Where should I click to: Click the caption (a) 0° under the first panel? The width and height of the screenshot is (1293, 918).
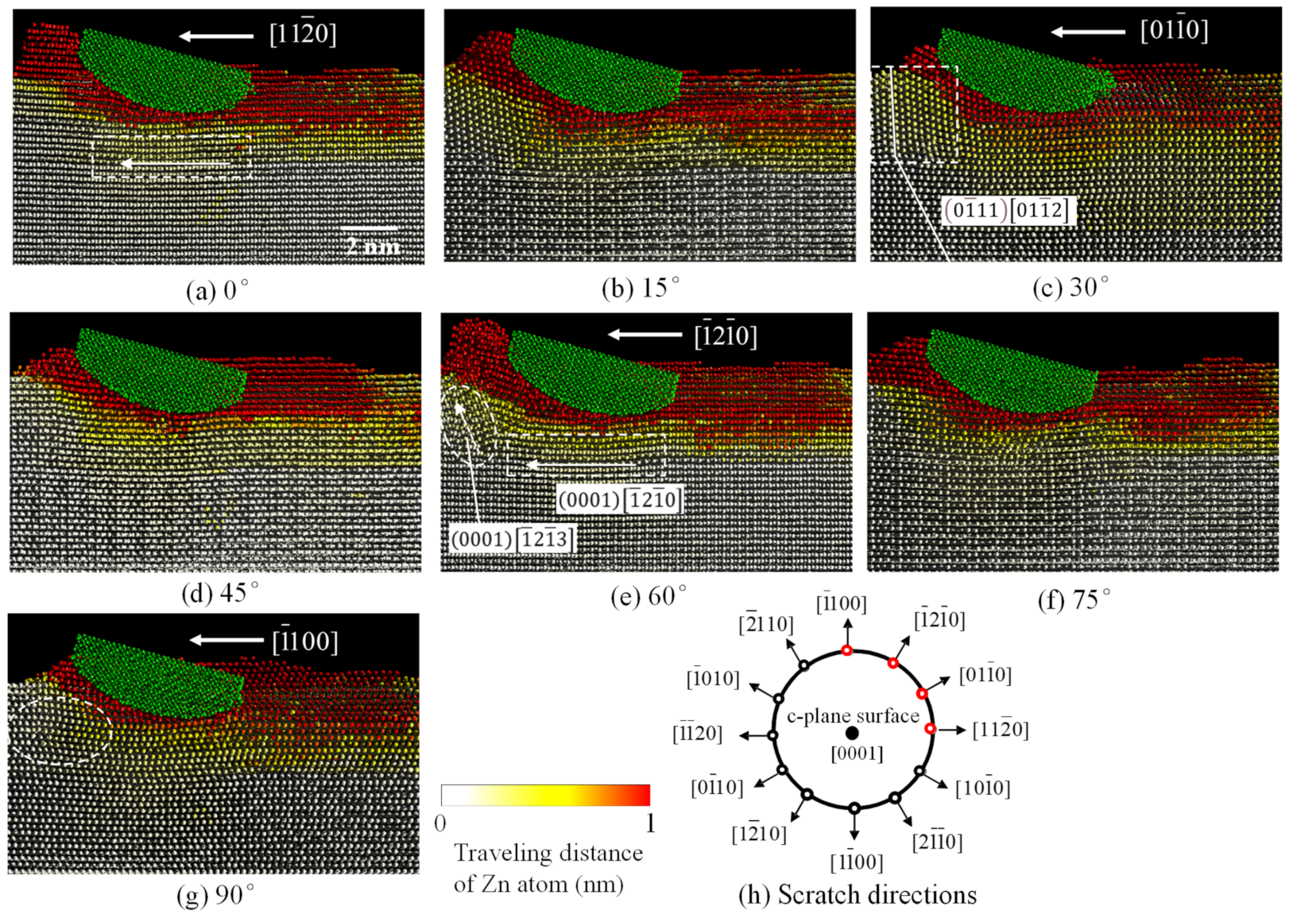click(x=216, y=291)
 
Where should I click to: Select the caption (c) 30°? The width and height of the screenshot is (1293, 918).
click(x=1070, y=288)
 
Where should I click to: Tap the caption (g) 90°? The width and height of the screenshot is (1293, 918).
click(x=215, y=896)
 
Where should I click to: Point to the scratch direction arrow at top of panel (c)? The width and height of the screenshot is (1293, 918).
click(x=1088, y=33)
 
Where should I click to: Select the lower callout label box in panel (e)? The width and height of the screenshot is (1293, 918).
click(x=512, y=540)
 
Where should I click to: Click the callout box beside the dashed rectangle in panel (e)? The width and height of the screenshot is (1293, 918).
click(x=619, y=500)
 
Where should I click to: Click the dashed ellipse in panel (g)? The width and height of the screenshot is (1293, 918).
click(x=60, y=730)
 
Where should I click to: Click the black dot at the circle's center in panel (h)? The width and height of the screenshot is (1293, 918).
click(x=852, y=734)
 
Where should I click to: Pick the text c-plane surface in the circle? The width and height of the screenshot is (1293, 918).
click(x=852, y=716)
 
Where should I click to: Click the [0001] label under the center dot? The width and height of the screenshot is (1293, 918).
click(x=857, y=753)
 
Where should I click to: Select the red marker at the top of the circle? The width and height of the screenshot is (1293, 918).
click(x=847, y=651)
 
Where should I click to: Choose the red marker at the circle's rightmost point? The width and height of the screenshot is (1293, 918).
click(x=931, y=729)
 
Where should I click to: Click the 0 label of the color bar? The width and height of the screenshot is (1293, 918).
click(x=440, y=823)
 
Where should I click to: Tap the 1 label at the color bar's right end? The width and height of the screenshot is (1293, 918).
click(x=650, y=823)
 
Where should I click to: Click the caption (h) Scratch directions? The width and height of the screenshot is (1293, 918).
click(x=857, y=895)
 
